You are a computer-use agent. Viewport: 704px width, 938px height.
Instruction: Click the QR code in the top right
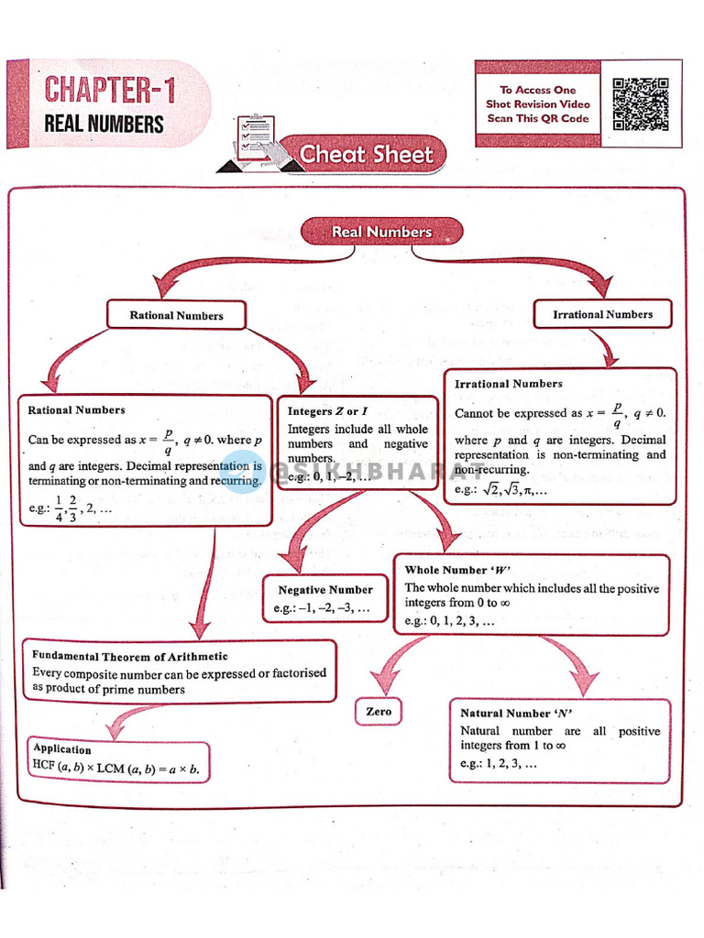click(640, 104)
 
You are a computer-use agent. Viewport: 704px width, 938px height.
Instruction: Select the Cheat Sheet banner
click(366, 155)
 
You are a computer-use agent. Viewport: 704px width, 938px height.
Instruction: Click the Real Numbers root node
click(380, 232)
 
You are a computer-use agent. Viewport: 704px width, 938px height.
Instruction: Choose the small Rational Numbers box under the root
click(176, 315)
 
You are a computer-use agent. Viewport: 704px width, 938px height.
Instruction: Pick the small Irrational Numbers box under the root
click(602, 314)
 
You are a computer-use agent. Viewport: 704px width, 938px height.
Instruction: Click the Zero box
click(378, 711)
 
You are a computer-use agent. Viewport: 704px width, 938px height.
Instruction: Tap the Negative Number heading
click(325, 589)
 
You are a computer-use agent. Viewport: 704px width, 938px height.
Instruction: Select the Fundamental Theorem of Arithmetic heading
click(129, 656)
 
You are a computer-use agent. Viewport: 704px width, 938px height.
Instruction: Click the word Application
click(62, 748)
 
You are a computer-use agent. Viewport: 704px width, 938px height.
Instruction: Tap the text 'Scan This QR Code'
click(538, 118)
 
